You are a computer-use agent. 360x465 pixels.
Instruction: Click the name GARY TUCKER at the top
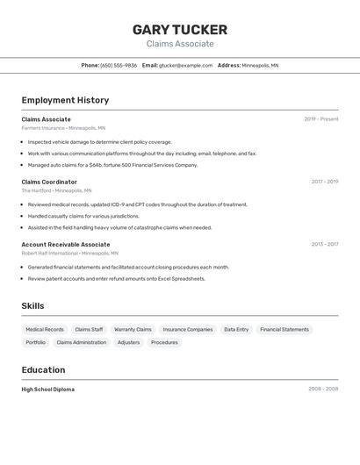click(180, 29)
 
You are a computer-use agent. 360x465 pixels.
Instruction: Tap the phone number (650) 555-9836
click(119, 65)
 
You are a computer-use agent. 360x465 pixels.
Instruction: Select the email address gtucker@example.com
click(185, 65)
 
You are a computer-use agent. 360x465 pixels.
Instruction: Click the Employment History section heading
click(65, 100)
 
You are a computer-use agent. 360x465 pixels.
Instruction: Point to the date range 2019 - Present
click(320, 119)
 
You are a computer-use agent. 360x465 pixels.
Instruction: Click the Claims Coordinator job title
click(49, 182)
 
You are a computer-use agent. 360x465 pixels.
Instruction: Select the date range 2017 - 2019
click(324, 182)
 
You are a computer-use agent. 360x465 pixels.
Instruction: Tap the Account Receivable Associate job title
click(66, 244)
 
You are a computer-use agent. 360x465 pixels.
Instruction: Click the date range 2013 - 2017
click(324, 244)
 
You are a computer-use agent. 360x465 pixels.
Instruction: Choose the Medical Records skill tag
click(45, 330)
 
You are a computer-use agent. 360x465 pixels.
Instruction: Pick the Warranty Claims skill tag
click(133, 330)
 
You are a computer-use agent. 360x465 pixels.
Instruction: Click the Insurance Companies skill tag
click(188, 330)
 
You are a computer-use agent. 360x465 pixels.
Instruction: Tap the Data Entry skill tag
click(236, 330)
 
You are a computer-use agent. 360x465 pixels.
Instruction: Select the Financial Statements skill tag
click(284, 330)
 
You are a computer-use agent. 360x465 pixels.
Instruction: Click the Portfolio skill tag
click(36, 342)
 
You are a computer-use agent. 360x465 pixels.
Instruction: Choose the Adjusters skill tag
click(128, 342)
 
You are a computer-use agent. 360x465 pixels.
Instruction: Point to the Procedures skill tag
click(164, 342)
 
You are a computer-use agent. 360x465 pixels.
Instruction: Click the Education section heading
click(43, 369)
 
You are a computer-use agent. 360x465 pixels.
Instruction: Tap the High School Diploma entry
click(47, 389)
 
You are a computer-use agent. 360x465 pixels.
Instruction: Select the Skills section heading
click(32, 306)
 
